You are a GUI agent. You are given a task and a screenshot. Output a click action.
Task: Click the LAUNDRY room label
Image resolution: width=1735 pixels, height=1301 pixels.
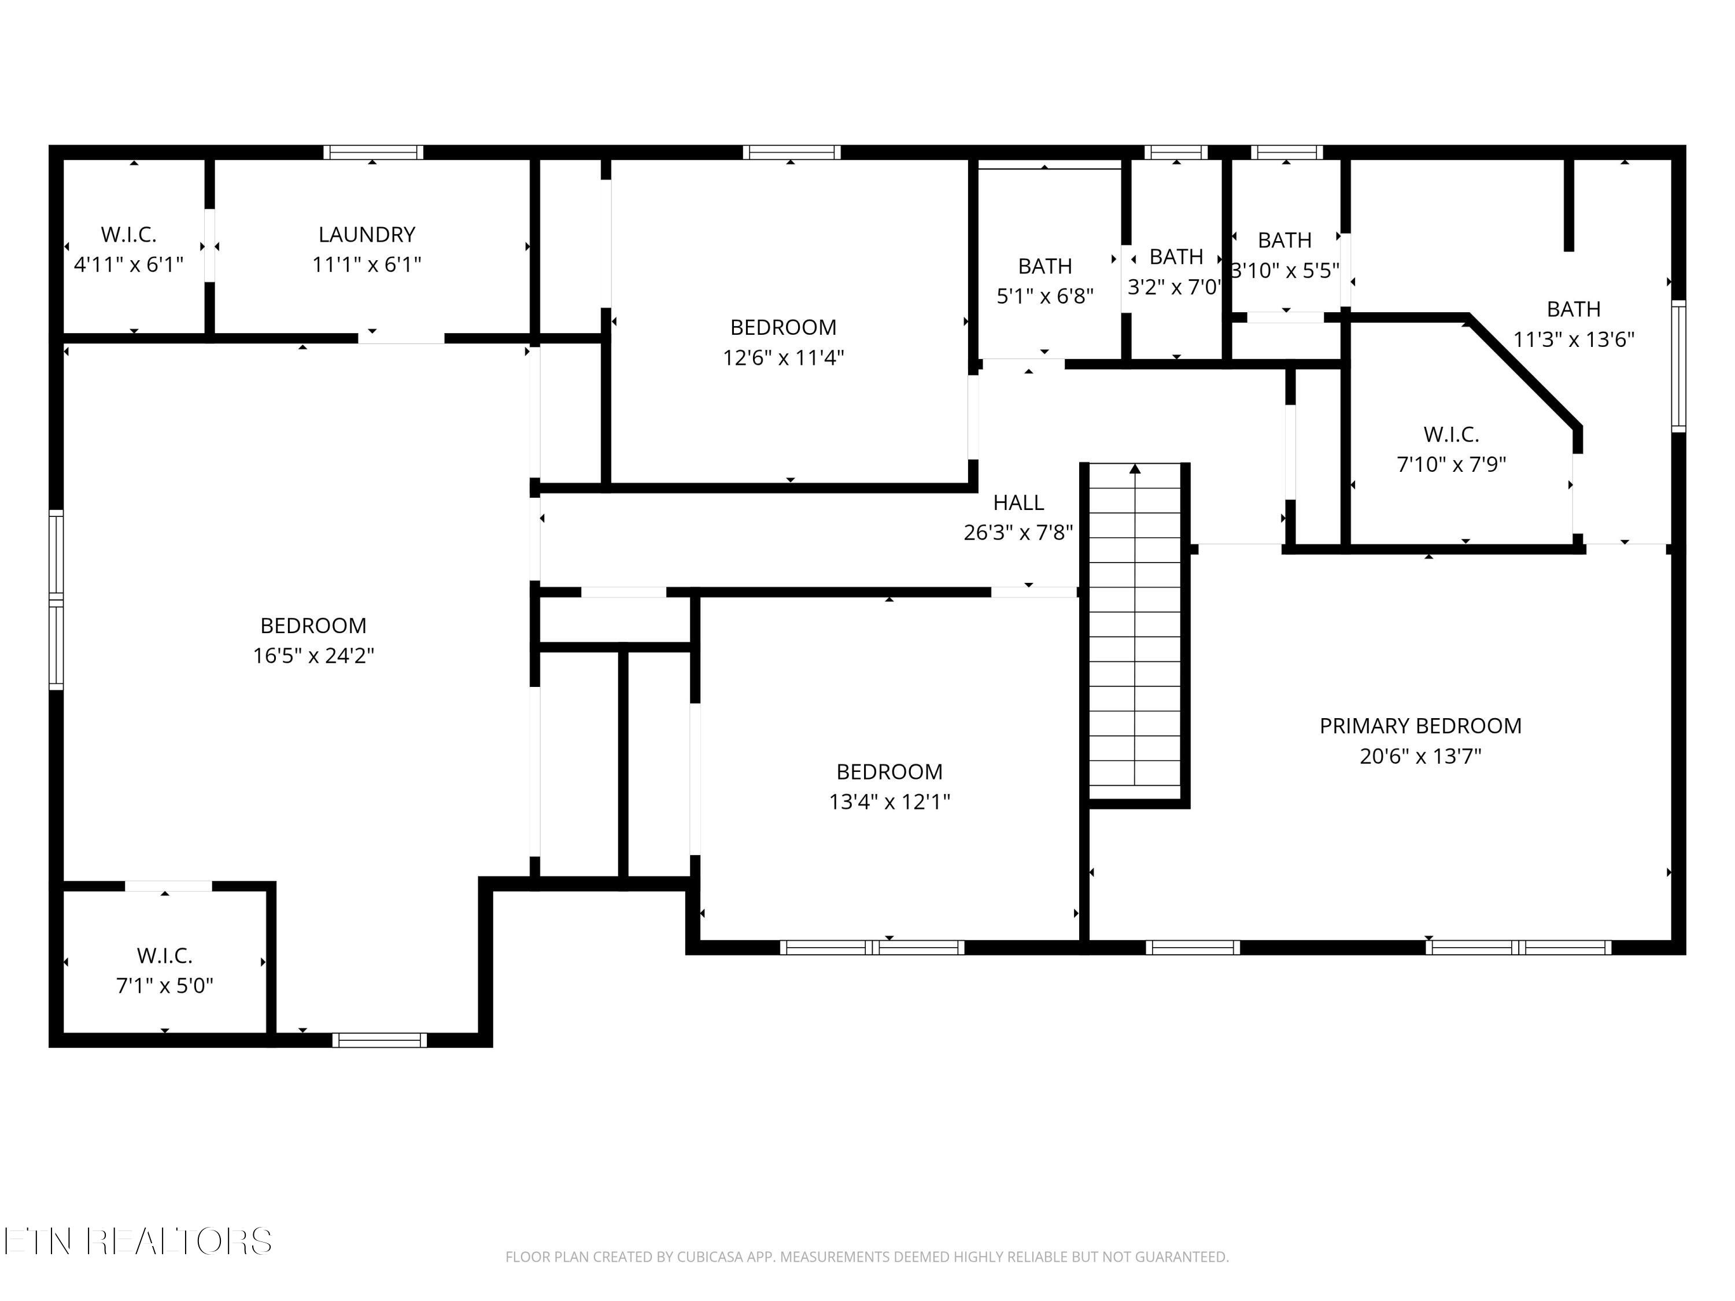point(366,235)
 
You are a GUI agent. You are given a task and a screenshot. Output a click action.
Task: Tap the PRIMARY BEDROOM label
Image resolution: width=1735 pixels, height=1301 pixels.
point(1420,726)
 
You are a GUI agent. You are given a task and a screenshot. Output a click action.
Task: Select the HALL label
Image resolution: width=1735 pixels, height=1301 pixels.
point(1018,502)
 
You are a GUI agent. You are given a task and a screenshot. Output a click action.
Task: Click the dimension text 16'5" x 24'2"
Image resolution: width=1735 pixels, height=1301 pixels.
point(313,656)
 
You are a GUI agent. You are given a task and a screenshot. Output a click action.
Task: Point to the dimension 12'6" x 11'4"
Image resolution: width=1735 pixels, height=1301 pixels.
point(783,357)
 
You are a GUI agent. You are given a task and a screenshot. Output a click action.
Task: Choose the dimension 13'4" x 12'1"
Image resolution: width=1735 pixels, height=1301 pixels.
point(889,801)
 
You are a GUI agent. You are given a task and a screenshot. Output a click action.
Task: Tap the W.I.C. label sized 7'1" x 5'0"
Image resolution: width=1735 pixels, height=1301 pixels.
point(165,956)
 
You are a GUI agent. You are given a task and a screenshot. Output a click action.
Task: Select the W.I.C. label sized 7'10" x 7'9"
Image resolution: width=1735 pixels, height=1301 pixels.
point(1451,434)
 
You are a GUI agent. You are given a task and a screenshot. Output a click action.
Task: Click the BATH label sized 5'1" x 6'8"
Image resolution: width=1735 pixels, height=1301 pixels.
point(1045,267)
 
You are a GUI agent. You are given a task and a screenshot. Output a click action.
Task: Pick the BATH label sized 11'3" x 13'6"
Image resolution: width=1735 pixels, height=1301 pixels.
point(1574,310)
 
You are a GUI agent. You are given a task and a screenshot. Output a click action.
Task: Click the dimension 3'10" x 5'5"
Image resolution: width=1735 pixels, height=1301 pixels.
point(1285,271)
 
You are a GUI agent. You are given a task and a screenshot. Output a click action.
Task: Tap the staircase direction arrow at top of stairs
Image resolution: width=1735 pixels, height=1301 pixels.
point(1135,468)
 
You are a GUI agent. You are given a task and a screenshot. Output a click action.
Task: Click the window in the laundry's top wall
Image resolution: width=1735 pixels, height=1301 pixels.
point(374,152)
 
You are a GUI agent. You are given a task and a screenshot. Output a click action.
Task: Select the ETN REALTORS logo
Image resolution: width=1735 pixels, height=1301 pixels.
point(138,1241)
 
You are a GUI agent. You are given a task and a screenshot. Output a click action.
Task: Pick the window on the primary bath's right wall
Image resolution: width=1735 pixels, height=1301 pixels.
point(1678,365)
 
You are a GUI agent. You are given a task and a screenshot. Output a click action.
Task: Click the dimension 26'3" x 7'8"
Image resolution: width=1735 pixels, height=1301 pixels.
point(1018,533)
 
